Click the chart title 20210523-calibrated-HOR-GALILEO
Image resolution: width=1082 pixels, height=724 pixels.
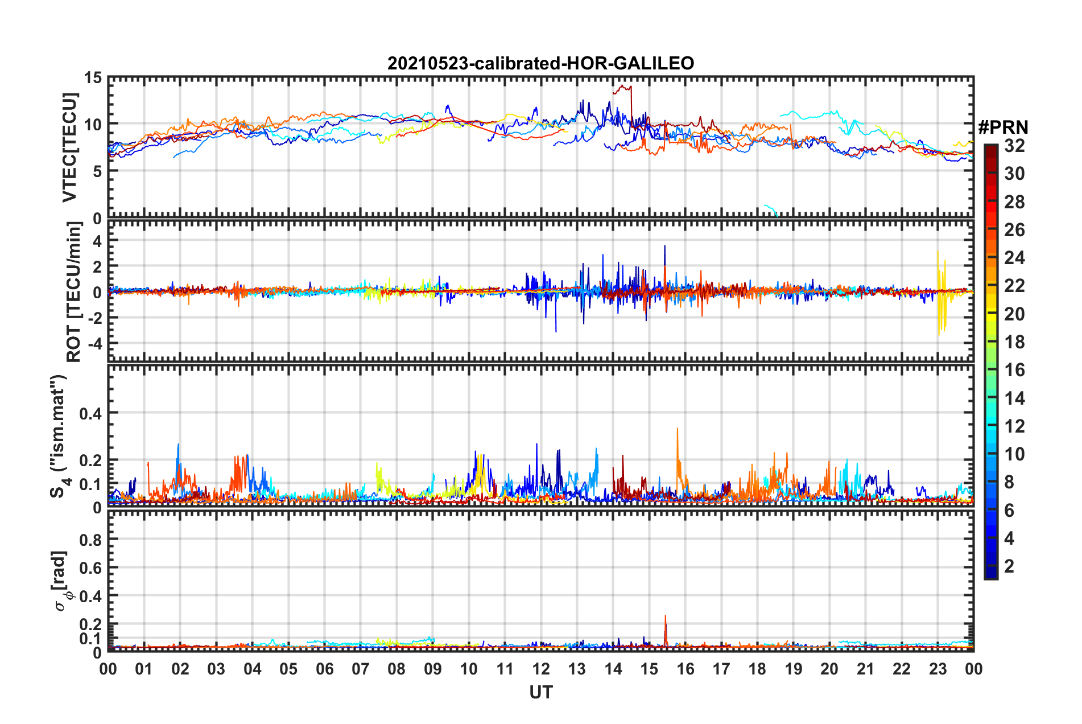pos(540,63)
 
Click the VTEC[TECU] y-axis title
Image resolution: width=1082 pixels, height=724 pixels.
pos(69,147)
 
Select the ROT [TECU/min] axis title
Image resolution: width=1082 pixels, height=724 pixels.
pos(74,292)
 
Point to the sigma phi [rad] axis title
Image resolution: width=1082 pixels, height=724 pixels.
pos(61,581)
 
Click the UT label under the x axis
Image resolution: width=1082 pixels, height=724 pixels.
pos(540,692)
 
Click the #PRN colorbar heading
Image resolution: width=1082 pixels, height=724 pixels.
pos(1003,127)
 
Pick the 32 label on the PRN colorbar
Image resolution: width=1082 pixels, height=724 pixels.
pos(1014,146)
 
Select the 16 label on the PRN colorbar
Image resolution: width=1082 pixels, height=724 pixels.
pos(1014,370)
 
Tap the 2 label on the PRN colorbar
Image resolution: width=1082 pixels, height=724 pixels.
pos(1009,566)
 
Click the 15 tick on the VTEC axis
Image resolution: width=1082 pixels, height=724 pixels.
pos(93,77)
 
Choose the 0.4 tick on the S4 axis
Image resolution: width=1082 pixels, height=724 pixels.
pos(90,413)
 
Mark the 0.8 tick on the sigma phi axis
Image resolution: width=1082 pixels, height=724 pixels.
pos(90,540)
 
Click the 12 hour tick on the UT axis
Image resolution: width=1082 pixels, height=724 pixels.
pos(541,669)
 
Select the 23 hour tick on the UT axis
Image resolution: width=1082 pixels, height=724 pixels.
pos(938,669)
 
